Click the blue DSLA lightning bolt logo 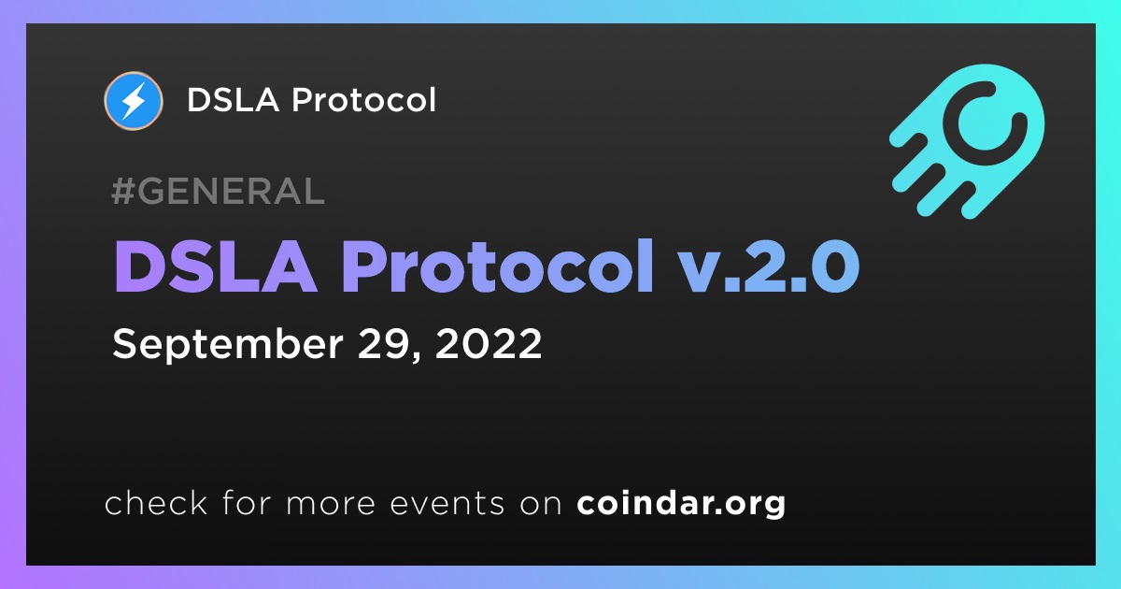tap(133, 101)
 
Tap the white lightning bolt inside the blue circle tap(134, 101)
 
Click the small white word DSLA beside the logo tap(233, 100)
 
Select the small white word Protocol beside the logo tap(363, 99)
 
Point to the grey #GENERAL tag tap(218, 191)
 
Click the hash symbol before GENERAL tap(122, 191)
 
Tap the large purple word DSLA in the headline tap(215, 266)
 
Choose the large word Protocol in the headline tap(497, 266)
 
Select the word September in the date tap(228, 345)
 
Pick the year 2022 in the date tap(489, 344)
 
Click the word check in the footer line tap(156, 502)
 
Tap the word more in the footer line tap(331, 504)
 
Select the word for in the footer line tap(247, 502)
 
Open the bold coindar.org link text tap(681, 503)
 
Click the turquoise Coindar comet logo tap(968, 141)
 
